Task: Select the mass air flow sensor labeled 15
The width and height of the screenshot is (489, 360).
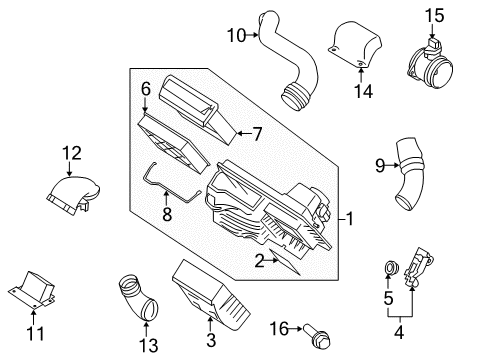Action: pos(431,61)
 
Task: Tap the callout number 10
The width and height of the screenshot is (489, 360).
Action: pos(236,35)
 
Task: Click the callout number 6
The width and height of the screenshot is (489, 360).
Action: pos(145,89)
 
